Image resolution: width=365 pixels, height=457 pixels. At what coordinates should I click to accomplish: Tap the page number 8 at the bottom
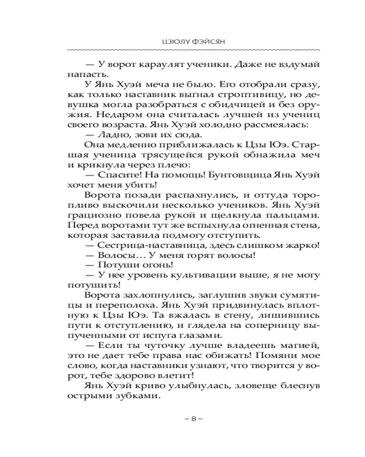[x=193, y=419]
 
